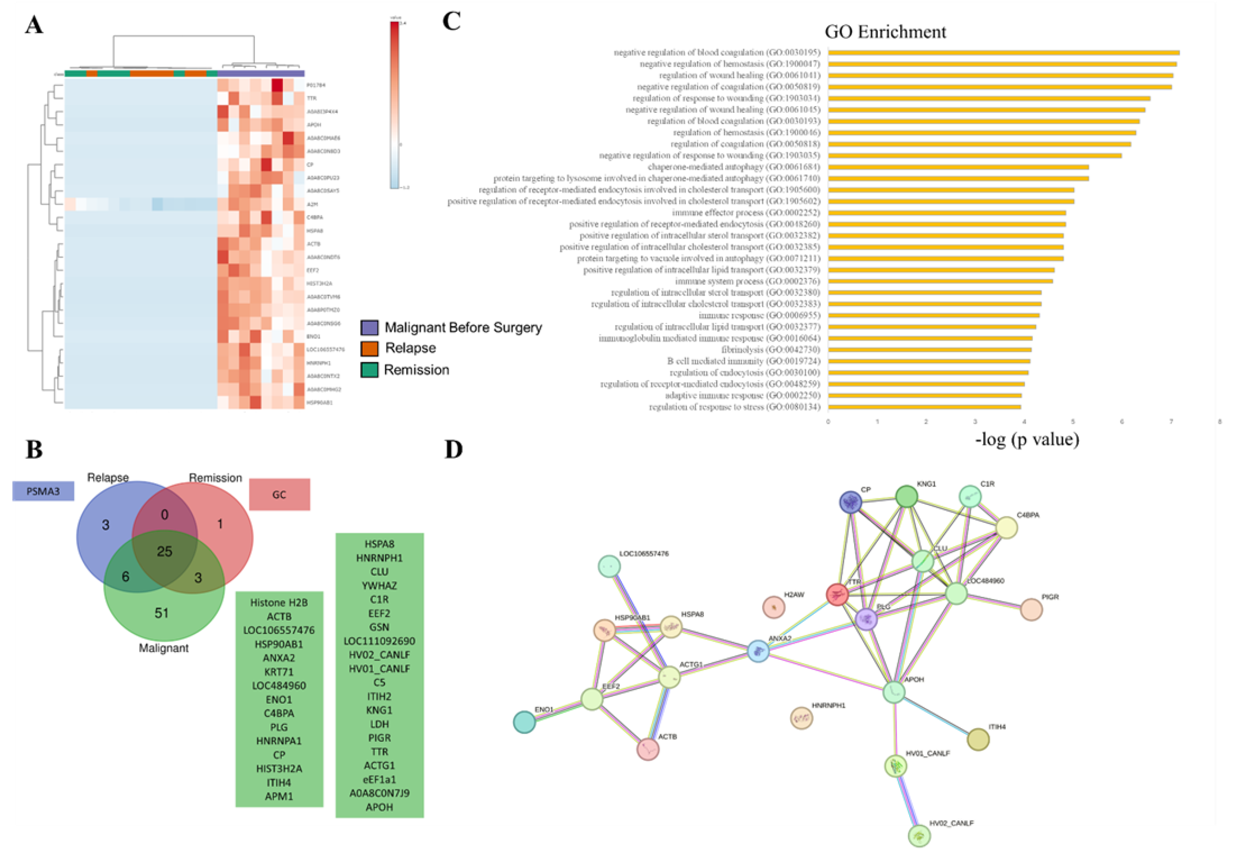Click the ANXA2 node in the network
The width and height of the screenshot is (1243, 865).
[x=758, y=650]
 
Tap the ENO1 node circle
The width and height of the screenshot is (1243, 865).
[x=524, y=721]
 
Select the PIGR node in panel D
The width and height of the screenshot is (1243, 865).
[x=1031, y=609]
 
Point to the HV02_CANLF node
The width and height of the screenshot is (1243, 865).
[x=919, y=835]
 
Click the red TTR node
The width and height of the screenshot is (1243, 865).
[x=838, y=595]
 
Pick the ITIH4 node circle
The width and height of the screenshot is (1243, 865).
[x=978, y=739]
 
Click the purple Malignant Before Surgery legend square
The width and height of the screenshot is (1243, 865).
[x=369, y=327]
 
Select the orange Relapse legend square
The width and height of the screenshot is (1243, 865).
[x=369, y=348]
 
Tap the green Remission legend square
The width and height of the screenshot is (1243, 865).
[x=369, y=370]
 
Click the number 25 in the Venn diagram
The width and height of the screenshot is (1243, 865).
[x=165, y=551]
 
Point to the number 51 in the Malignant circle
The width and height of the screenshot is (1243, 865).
[x=161, y=613]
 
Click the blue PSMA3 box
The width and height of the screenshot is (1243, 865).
[x=43, y=491]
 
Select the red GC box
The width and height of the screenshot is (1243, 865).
[x=279, y=494]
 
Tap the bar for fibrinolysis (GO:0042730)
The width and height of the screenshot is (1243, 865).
[x=929, y=350]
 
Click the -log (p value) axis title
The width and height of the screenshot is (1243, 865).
[x=1027, y=439]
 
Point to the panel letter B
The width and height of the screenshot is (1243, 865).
[x=34, y=449]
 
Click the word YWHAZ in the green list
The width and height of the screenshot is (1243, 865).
[x=379, y=586]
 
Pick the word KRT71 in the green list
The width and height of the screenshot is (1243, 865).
[x=279, y=672]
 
